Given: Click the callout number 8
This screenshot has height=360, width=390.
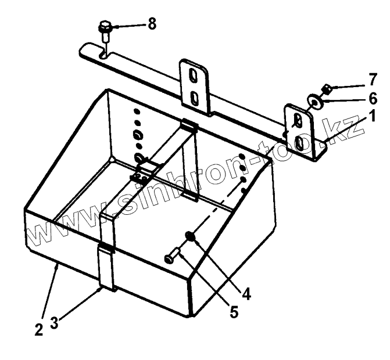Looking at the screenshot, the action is [x=152, y=24].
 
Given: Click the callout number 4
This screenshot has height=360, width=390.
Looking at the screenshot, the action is [x=246, y=294].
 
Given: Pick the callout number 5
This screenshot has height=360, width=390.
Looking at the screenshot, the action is [x=233, y=312].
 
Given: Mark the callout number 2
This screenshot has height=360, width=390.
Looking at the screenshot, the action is [x=38, y=330].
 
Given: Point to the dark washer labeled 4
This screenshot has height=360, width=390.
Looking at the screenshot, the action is [x=190, y=236].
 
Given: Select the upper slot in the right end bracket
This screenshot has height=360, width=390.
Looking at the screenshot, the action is [x=298, y=120].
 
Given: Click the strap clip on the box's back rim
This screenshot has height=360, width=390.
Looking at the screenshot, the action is [x=188, y=126].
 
